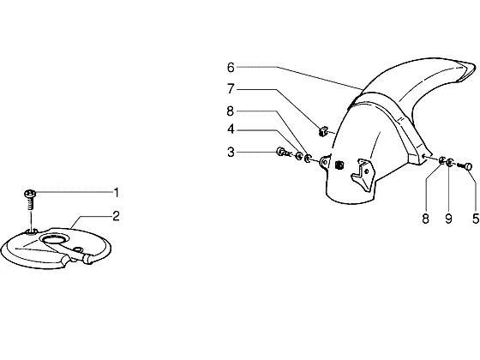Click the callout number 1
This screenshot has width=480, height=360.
pyautogui.click(x=116, y=193)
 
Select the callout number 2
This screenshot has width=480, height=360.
pyautogui.click(x=116, y=216)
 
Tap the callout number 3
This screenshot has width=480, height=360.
pyautogui.click(x=231, y=153)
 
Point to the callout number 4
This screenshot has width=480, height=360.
pyautogui.click(x=231, y=129)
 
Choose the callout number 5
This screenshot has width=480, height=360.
pyautogui.click(x=476, y=219)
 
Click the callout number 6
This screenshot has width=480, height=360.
pyautogui.click(x=231, y=68)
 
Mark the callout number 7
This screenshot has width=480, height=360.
pyautogui.click(x=231, y=89)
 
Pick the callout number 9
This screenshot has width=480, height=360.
pyautogui.click(x=448, y=219)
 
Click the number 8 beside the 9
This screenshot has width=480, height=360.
pyautogui.click(x=425, y=219)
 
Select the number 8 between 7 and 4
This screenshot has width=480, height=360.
pyautogui.click(x=231, y=111)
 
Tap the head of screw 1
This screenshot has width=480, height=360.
pyautogui.click(x=30, y=194)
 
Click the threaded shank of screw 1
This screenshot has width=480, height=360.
pyautogui.click(x=30, y=203)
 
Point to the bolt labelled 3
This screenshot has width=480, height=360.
pyautogui.click(x=283, y=153)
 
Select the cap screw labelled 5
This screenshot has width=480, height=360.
pyautogui.click(x=465, y=166)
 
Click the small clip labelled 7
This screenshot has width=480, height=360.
pyautogui.click(x=322, y=132)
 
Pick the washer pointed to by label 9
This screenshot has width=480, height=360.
pyautogui.click(x=449, y=162)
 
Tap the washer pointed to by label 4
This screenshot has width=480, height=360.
pyautogui.click(x=298, y=156)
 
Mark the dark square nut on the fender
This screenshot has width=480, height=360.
pyautogui.click(x=339, y=165)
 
